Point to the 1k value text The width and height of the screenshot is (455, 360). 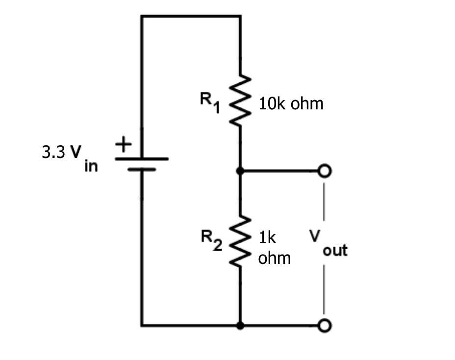[268, 238]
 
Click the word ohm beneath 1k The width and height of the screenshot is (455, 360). [274, 257]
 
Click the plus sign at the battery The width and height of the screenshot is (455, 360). [123, 145]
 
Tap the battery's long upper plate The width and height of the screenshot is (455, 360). [142, 159]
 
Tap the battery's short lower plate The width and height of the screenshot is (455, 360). [142, 171]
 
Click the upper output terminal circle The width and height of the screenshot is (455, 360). [324, 171]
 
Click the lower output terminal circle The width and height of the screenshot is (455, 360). [324, 325]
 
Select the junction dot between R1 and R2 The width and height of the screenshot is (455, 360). [240, 171]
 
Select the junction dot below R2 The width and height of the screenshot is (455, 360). [240, 325]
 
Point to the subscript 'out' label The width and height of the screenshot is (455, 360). [335, 251]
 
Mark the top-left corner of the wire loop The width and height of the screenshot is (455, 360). [142, 16]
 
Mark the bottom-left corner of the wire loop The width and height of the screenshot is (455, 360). [142, 325]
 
